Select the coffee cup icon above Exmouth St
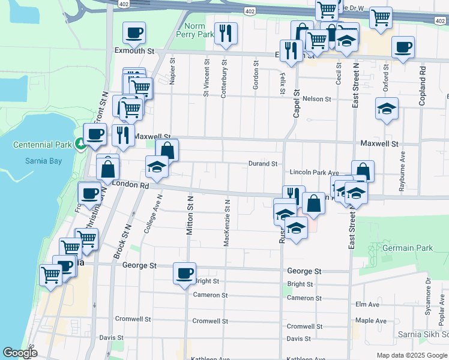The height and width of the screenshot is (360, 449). click(x=134, y=33)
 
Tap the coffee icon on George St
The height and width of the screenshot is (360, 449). click(x=184, y=274)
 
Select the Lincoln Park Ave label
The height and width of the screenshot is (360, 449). click(x=315, y=172)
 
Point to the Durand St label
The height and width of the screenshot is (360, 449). click(x=264, y=164)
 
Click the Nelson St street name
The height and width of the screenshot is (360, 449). click(x=317, y=99)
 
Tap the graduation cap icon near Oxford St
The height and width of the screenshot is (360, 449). click(x=387, y=109)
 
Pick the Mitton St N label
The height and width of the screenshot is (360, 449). click(x=190, y=215)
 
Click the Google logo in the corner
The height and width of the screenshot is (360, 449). click(x=20, y=353)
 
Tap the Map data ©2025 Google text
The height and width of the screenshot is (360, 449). click(x=411, y=355)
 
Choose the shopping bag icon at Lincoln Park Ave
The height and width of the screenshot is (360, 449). click(x=363, y=172)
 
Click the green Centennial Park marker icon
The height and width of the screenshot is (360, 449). click(x=80, y=144)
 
